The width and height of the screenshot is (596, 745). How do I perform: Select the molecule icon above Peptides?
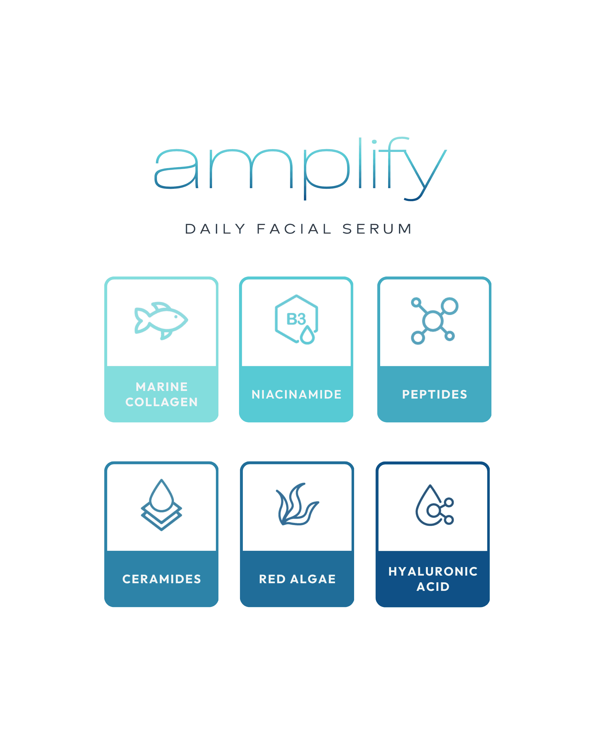(x=434, y=321)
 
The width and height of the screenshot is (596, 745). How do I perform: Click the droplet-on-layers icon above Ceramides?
(x=161, y=504)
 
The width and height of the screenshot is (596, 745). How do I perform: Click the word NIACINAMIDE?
(x=297, y=394)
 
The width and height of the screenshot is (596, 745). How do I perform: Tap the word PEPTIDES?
(x=434, y=394)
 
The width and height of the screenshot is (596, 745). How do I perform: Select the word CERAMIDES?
(x=161, y=579)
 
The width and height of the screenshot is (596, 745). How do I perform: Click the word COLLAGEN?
(x=161, y=402)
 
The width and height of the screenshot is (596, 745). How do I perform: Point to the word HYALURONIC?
(x=433, y=571)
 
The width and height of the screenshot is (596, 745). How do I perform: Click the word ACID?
(x=433, y=587)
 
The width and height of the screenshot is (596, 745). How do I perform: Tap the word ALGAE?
(x=313, y=579)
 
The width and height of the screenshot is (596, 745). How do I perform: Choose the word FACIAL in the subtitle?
(x=294, y=229)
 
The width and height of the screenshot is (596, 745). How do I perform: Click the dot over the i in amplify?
(x=374, y=142)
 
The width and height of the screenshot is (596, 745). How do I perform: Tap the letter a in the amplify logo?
(x=176, y=169)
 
